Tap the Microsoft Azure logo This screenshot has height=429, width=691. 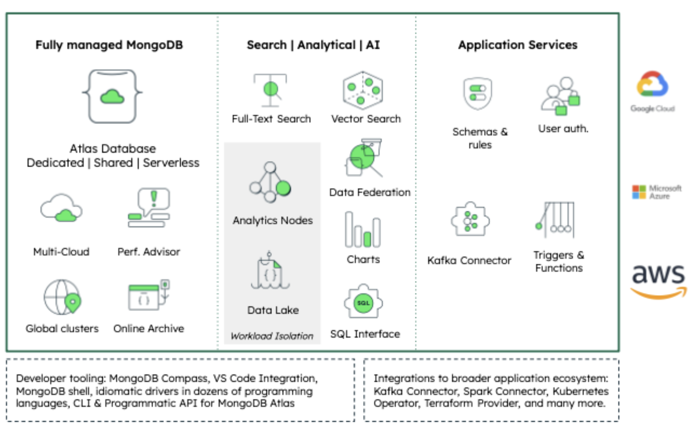[657, 192]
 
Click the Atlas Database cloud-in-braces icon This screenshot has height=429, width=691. [112, 96]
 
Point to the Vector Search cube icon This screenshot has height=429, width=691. [363, 90]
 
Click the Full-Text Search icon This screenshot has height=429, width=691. [270, 90]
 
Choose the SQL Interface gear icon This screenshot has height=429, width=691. [363, 302]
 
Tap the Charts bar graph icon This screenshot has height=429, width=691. [362, 230]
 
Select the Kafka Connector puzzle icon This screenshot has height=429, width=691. [470, 220]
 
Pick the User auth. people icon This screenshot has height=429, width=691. [561, 96]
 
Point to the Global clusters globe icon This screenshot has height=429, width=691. [63, 298]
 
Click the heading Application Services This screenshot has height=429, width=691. [517, 45]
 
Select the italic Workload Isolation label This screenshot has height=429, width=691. [272, 336]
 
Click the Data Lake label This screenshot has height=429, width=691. [273, 310]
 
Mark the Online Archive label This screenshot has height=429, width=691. [148, 329]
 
